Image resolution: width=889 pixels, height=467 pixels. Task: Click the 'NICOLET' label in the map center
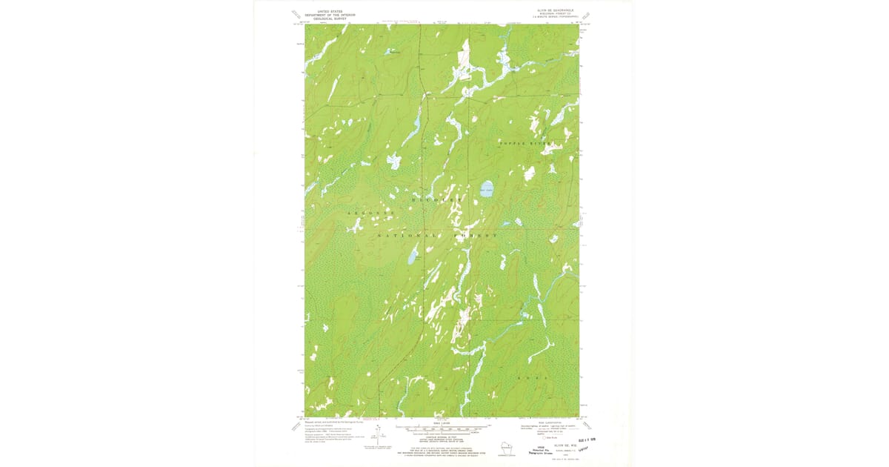pyautogui.click(x=436, y=200)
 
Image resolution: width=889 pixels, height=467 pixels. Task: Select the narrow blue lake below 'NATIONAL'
pyautogui.click(x=410, y=257)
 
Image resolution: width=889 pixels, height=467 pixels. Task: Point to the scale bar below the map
pyautogui.click(x=442, y=427)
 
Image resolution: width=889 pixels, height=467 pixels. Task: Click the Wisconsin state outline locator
pyautogui.click(x=507, y=449)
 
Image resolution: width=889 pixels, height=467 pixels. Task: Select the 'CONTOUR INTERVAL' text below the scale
pyautogui.click(x=442, y=435)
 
